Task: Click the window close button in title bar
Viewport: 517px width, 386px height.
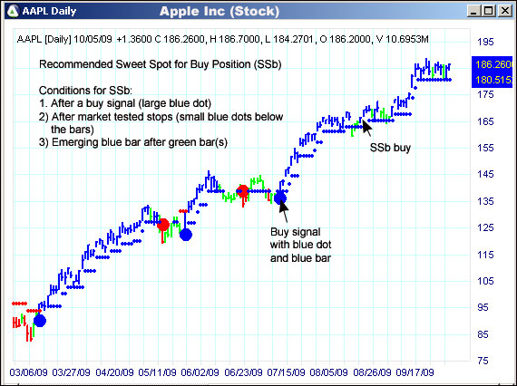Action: [x=504, y=12]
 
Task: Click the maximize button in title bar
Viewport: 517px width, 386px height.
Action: [x=490, y=12]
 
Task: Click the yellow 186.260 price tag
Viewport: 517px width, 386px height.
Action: [x=492, y=65]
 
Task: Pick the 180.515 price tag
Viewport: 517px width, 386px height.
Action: [x=492, y=80]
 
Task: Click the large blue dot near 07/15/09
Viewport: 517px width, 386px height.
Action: [x=280, y=198]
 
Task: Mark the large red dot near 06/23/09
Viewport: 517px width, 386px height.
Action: [x=242, y=191]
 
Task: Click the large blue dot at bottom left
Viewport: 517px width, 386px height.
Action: [x=38, y=320]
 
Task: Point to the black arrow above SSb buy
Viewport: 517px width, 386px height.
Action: [x=366, y=126]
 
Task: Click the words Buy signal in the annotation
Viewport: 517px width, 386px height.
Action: [x=293, y=232]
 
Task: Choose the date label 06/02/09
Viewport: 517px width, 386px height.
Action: [x=200, y=372]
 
